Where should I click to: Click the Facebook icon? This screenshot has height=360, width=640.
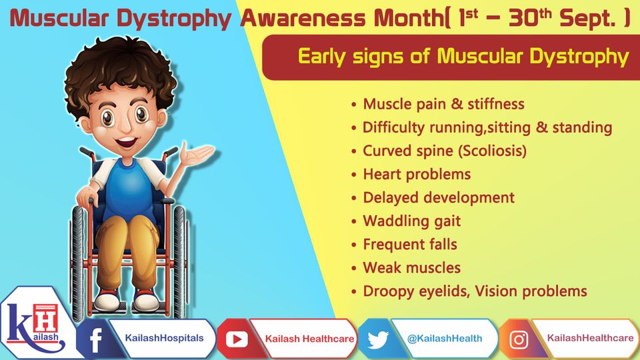pos(95,339)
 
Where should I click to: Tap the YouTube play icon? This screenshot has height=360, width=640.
pos(237,339)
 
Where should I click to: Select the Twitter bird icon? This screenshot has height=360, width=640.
pos(378,339)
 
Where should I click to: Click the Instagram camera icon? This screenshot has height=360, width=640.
pos(519,339)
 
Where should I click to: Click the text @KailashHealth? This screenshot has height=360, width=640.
pos(445,339)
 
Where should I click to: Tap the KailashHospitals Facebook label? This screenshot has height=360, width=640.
pos(164,338)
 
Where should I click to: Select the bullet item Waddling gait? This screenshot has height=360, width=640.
pos(411,221)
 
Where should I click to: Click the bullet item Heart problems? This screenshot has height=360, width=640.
pos(417,174)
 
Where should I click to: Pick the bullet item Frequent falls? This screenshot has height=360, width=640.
pos(410,245)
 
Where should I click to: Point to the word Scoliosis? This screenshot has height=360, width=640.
pos(492,151)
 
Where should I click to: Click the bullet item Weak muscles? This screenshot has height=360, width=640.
pos(411,268)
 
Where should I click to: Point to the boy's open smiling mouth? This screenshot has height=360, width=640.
pos(126,142)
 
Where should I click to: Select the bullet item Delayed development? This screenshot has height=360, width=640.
pos(439,198)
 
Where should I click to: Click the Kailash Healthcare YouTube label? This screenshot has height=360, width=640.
pos(309,339)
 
